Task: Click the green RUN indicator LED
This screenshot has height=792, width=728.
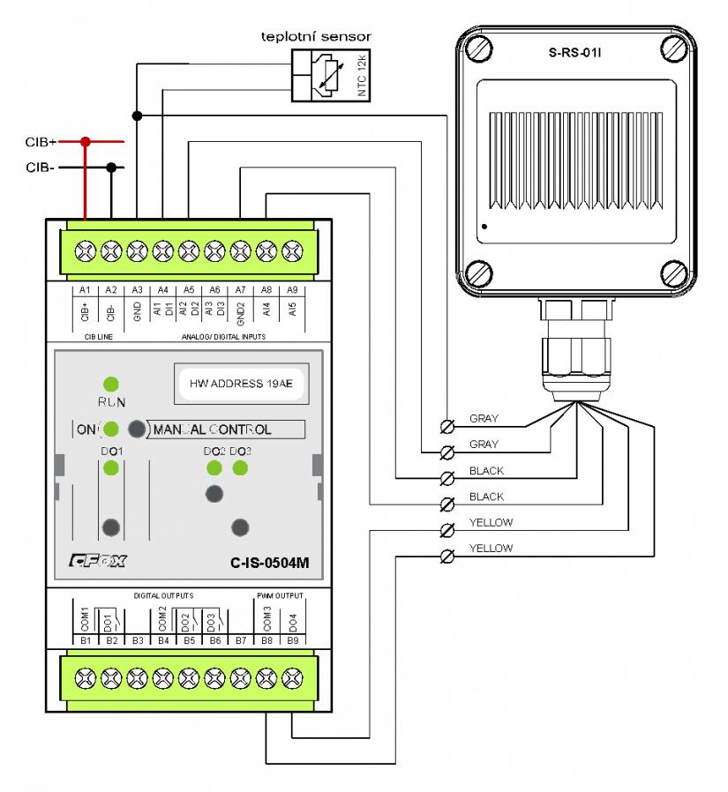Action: click(x=111, y=384)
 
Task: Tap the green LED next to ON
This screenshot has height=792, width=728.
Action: click(x=111, y=430)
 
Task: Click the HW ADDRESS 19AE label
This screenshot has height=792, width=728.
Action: click(x=241, y=384)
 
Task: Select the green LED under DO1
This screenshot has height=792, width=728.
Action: click(x=111, y=467)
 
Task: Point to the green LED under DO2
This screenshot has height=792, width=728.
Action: click(x=214, y=467)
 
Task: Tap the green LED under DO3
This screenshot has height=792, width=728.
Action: click(x=240, y=467)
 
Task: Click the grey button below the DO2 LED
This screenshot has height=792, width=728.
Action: click(x=214, y=494)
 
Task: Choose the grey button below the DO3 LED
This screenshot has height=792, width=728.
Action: click(x=240, y=527)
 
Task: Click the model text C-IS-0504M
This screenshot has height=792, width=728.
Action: click(x=269, y=563)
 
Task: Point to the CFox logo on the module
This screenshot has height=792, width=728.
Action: click(x=97, y=560)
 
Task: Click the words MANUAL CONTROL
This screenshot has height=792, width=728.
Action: click(x=213, y=430)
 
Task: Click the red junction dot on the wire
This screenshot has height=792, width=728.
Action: click(x=86, y=141)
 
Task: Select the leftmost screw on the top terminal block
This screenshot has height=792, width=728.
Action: click(x=85, y=251)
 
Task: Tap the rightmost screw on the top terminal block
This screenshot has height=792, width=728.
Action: click(x=292, y=251)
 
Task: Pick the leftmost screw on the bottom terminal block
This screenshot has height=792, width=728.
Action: click(x=85, y=679)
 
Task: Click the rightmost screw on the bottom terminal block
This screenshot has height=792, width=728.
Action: click(x=292, y=679)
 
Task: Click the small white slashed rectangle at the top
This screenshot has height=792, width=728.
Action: click(x=331, y=76)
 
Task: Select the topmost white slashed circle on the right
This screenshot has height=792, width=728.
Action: click(x=447, y=427)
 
